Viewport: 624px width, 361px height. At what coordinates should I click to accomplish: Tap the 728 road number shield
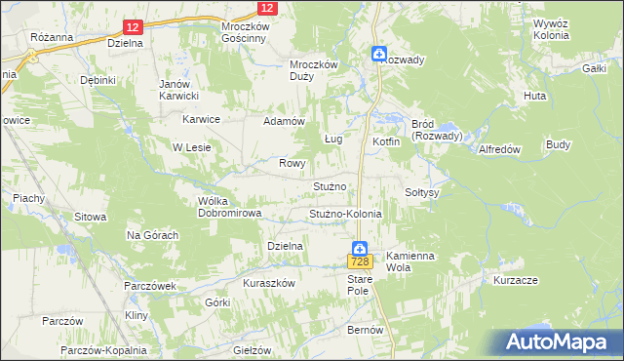coord(360,262)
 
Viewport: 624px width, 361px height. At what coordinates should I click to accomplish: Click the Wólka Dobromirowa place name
coord(225,207)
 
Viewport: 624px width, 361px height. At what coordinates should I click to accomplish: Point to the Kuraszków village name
coord(269,282)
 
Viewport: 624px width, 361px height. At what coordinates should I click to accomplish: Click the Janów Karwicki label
coord(179,90)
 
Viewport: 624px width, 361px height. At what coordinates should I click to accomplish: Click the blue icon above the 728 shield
coord(360,249)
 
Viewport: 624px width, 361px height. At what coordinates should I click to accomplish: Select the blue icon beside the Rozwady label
coord(378,55)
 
